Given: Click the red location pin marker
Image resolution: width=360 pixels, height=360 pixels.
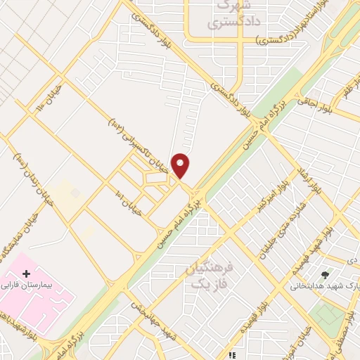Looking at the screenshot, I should tap(181, 165).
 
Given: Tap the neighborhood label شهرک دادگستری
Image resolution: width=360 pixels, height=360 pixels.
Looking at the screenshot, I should tap(230, 14).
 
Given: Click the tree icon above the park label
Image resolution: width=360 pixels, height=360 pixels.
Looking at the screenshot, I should tap(324, 275).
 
